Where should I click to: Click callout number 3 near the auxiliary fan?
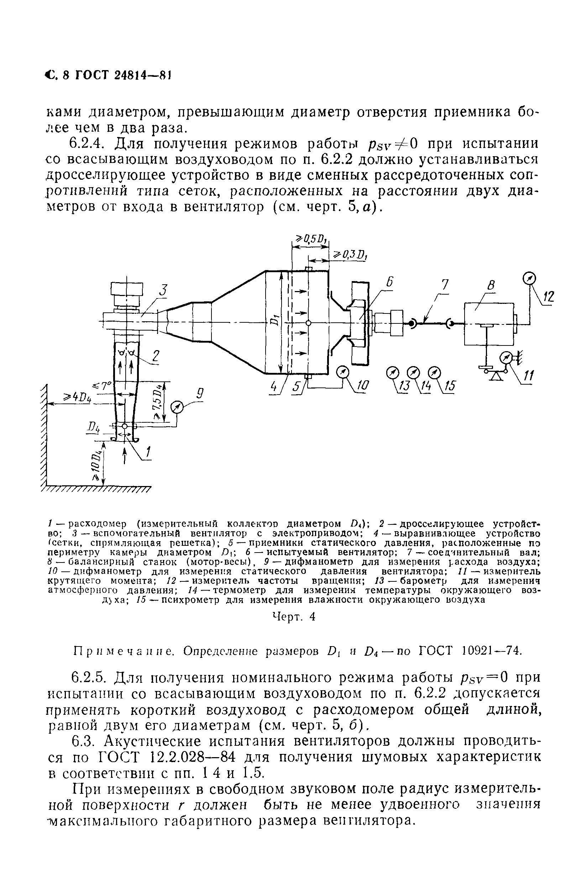(x=163, y=290)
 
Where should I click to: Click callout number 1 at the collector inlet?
(x=148, y=452)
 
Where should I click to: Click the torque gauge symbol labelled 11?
(x=506, y=358)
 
